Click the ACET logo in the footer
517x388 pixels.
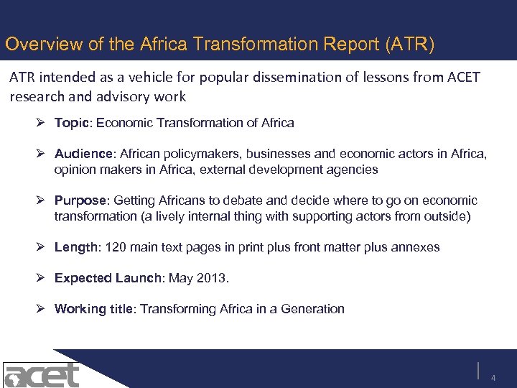(x=42, y=374)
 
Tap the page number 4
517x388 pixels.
(x=493, y=378)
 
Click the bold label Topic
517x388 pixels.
(x=71, y=123)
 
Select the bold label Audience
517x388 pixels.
(x=86, y=153)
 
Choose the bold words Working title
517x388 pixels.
(x=94, y=309)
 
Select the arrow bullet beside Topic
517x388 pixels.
(x=45, y=123)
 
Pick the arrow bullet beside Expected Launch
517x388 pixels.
(x=45, y=278)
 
